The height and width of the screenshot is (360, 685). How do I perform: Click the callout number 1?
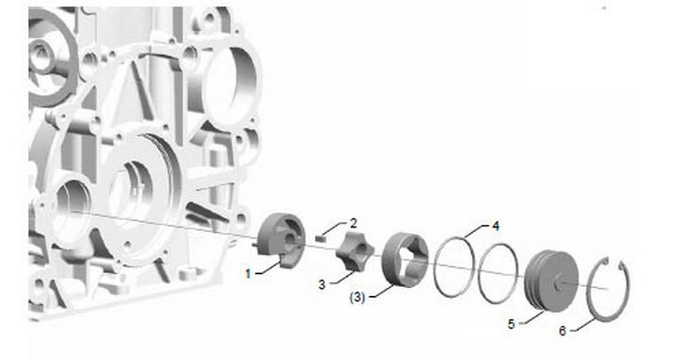248,274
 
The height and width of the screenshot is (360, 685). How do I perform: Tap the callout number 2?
353,224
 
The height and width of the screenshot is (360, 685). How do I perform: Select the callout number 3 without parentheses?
322,285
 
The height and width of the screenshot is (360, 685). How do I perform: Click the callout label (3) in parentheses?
357,298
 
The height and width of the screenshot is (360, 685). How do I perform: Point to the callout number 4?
495,226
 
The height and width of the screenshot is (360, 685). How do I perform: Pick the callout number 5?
511,324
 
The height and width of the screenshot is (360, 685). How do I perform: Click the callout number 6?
563,331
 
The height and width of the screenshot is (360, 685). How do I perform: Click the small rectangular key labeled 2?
321,238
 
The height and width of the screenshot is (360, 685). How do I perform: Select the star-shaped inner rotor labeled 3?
354,251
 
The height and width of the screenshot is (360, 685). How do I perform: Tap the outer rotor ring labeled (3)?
392,271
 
